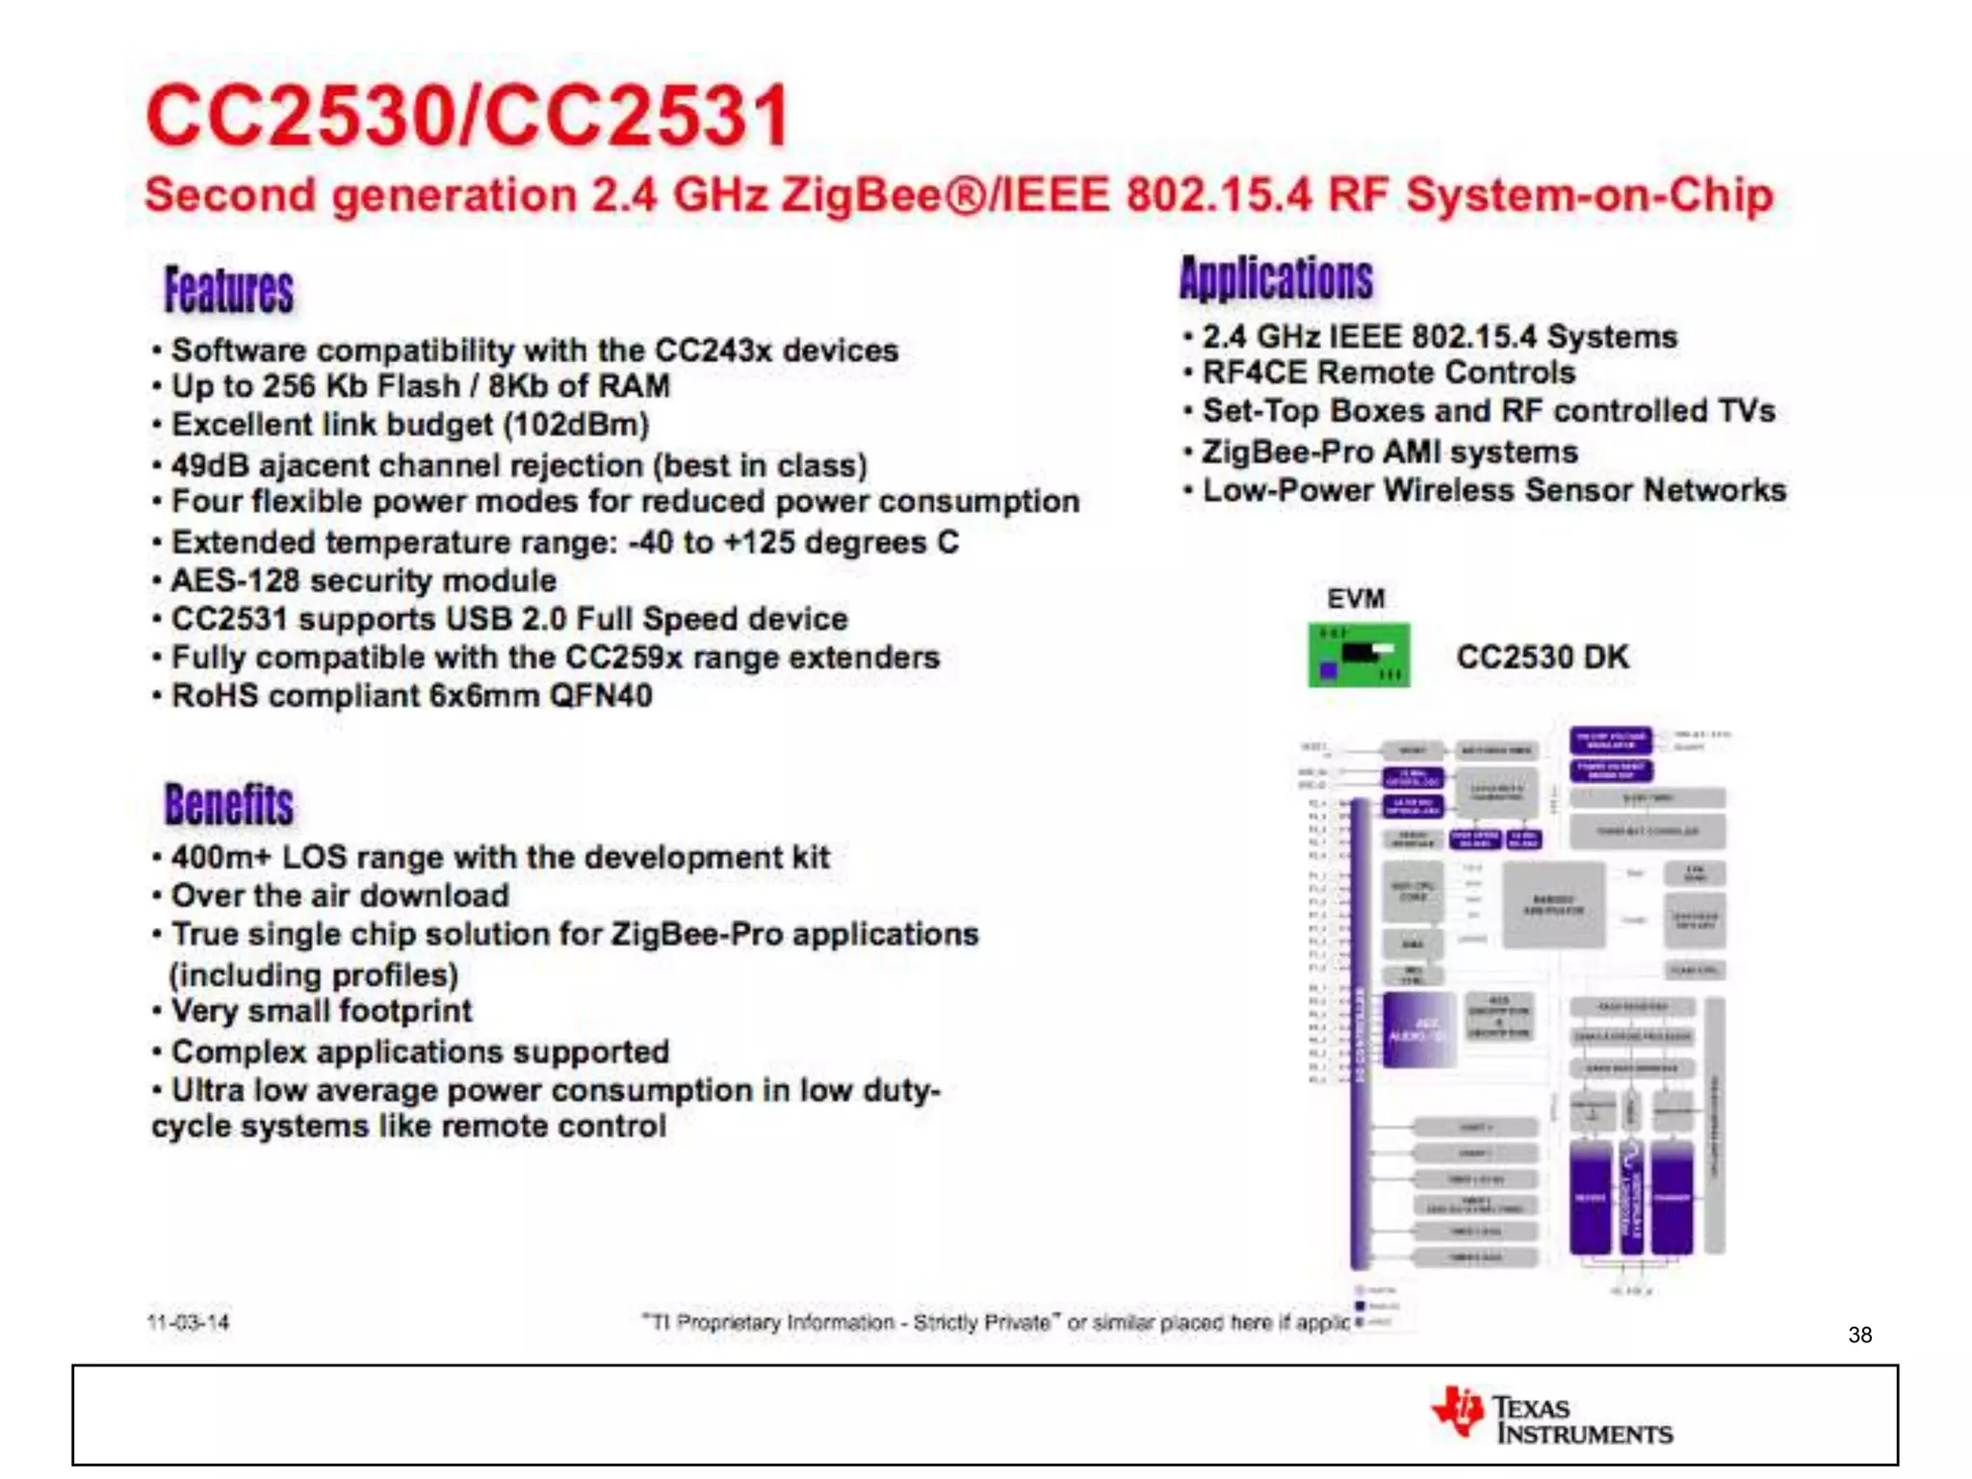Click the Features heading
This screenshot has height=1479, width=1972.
228,290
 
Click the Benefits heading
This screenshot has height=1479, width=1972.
228,805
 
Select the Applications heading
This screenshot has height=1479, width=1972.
1276,279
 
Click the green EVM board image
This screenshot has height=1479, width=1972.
1358,656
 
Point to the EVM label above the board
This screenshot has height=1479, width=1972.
1355,599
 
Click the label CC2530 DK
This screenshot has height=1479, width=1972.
1542,657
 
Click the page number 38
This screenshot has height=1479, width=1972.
1859,1335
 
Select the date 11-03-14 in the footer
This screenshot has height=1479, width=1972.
188,1322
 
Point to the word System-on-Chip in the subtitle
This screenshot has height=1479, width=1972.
1589,195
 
